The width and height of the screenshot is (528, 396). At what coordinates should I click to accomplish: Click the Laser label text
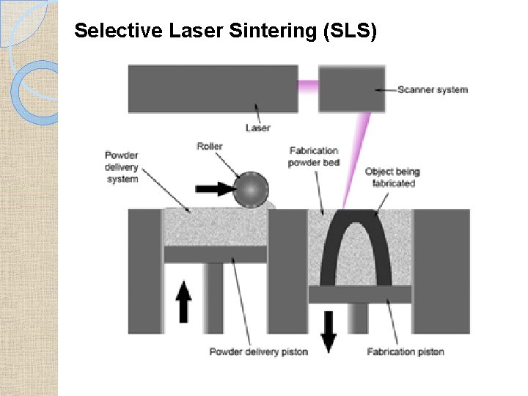(257, 128)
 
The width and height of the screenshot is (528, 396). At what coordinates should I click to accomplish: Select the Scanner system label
(433, 90)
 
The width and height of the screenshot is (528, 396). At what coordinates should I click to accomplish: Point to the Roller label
(210, 147)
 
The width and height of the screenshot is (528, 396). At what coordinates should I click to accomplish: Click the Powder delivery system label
(121, 167)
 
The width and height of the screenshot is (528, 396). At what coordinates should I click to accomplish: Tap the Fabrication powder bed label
(313, 157)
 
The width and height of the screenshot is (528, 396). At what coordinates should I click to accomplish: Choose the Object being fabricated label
(392, 177)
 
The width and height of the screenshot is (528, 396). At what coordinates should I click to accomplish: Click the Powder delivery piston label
(258, 352)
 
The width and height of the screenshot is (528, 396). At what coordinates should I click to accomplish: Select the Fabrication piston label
(406, 352)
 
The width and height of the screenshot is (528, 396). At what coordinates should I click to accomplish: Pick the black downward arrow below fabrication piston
(329, 330)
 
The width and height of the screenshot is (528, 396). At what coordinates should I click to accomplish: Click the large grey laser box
(213, 89)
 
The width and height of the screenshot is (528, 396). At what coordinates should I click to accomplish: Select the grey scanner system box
(352, 89)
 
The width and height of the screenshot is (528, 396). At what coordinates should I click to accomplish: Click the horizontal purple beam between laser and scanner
(308, 85)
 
